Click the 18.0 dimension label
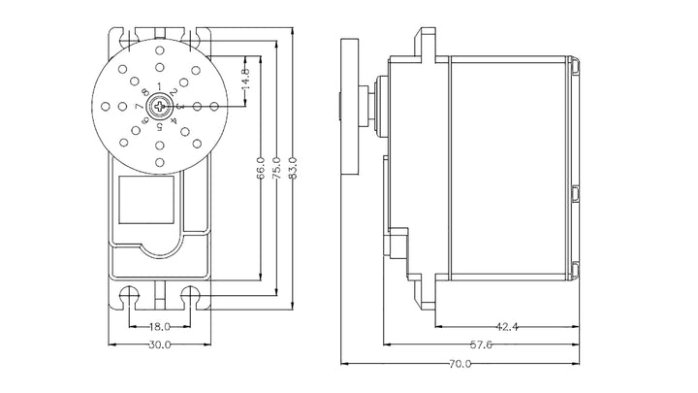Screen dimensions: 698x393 (x=159, y=327)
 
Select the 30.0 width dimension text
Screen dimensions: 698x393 (x=160, y=344)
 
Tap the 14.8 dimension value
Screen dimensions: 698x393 (x=245, y=79)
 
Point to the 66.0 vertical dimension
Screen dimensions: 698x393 (x=261, y=168)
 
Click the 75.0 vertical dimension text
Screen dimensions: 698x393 (x=276, y=168)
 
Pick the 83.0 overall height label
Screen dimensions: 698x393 (x=293, y=168)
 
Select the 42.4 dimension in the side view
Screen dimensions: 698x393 (x=507, y=327)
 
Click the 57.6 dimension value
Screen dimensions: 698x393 (x=481, y=344)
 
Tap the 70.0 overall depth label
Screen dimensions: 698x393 (x=460, y=364)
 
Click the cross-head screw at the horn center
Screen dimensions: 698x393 (x=159, y=106)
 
